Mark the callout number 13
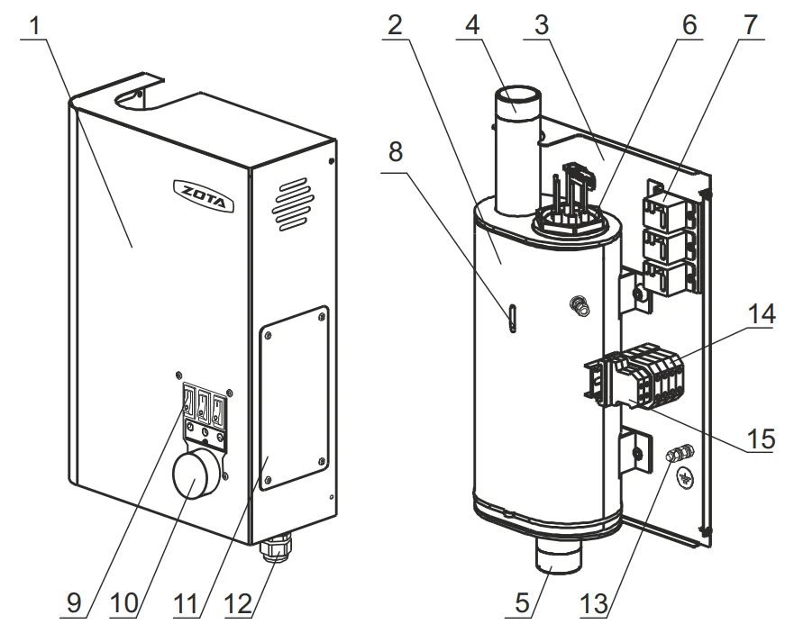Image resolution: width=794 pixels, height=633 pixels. [x=593, y=601]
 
